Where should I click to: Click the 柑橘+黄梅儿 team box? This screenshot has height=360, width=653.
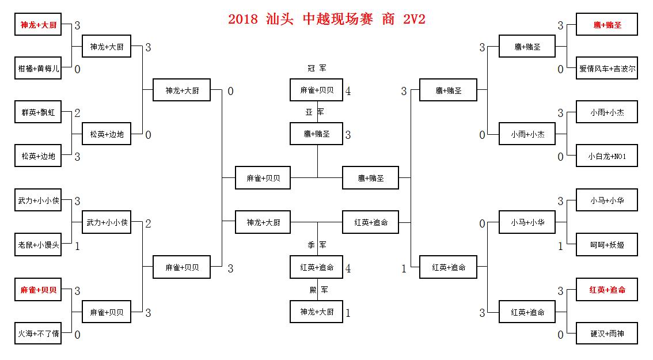(39, 69)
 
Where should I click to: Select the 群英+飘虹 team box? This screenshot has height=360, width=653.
(39, 112)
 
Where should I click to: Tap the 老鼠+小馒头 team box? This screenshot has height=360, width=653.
(39, 245)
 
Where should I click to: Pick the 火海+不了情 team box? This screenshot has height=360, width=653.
(39, 334)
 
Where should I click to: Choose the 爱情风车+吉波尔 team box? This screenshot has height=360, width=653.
(607, 69)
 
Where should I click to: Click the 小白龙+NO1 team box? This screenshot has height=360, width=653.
(607, 156)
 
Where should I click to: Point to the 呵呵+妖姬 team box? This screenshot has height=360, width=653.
(607, 245)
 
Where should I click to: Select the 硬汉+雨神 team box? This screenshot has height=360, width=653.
(607, 334)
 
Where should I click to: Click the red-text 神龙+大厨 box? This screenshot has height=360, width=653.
(39, 25)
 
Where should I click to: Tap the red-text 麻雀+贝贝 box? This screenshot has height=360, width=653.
(39, 290)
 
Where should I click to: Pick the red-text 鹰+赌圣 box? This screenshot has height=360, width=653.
(607, 25)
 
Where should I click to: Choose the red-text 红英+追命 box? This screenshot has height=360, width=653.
(607, 290)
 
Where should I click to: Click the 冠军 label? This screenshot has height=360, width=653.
(317, 69)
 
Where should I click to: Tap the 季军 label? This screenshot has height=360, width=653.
(317, 245)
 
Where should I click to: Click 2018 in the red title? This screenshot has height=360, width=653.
(244, 19)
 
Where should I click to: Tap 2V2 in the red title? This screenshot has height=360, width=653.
(415, 19)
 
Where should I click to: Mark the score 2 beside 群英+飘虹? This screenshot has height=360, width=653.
(77, 113)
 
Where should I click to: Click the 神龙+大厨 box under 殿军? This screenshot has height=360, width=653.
(317, 312)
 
